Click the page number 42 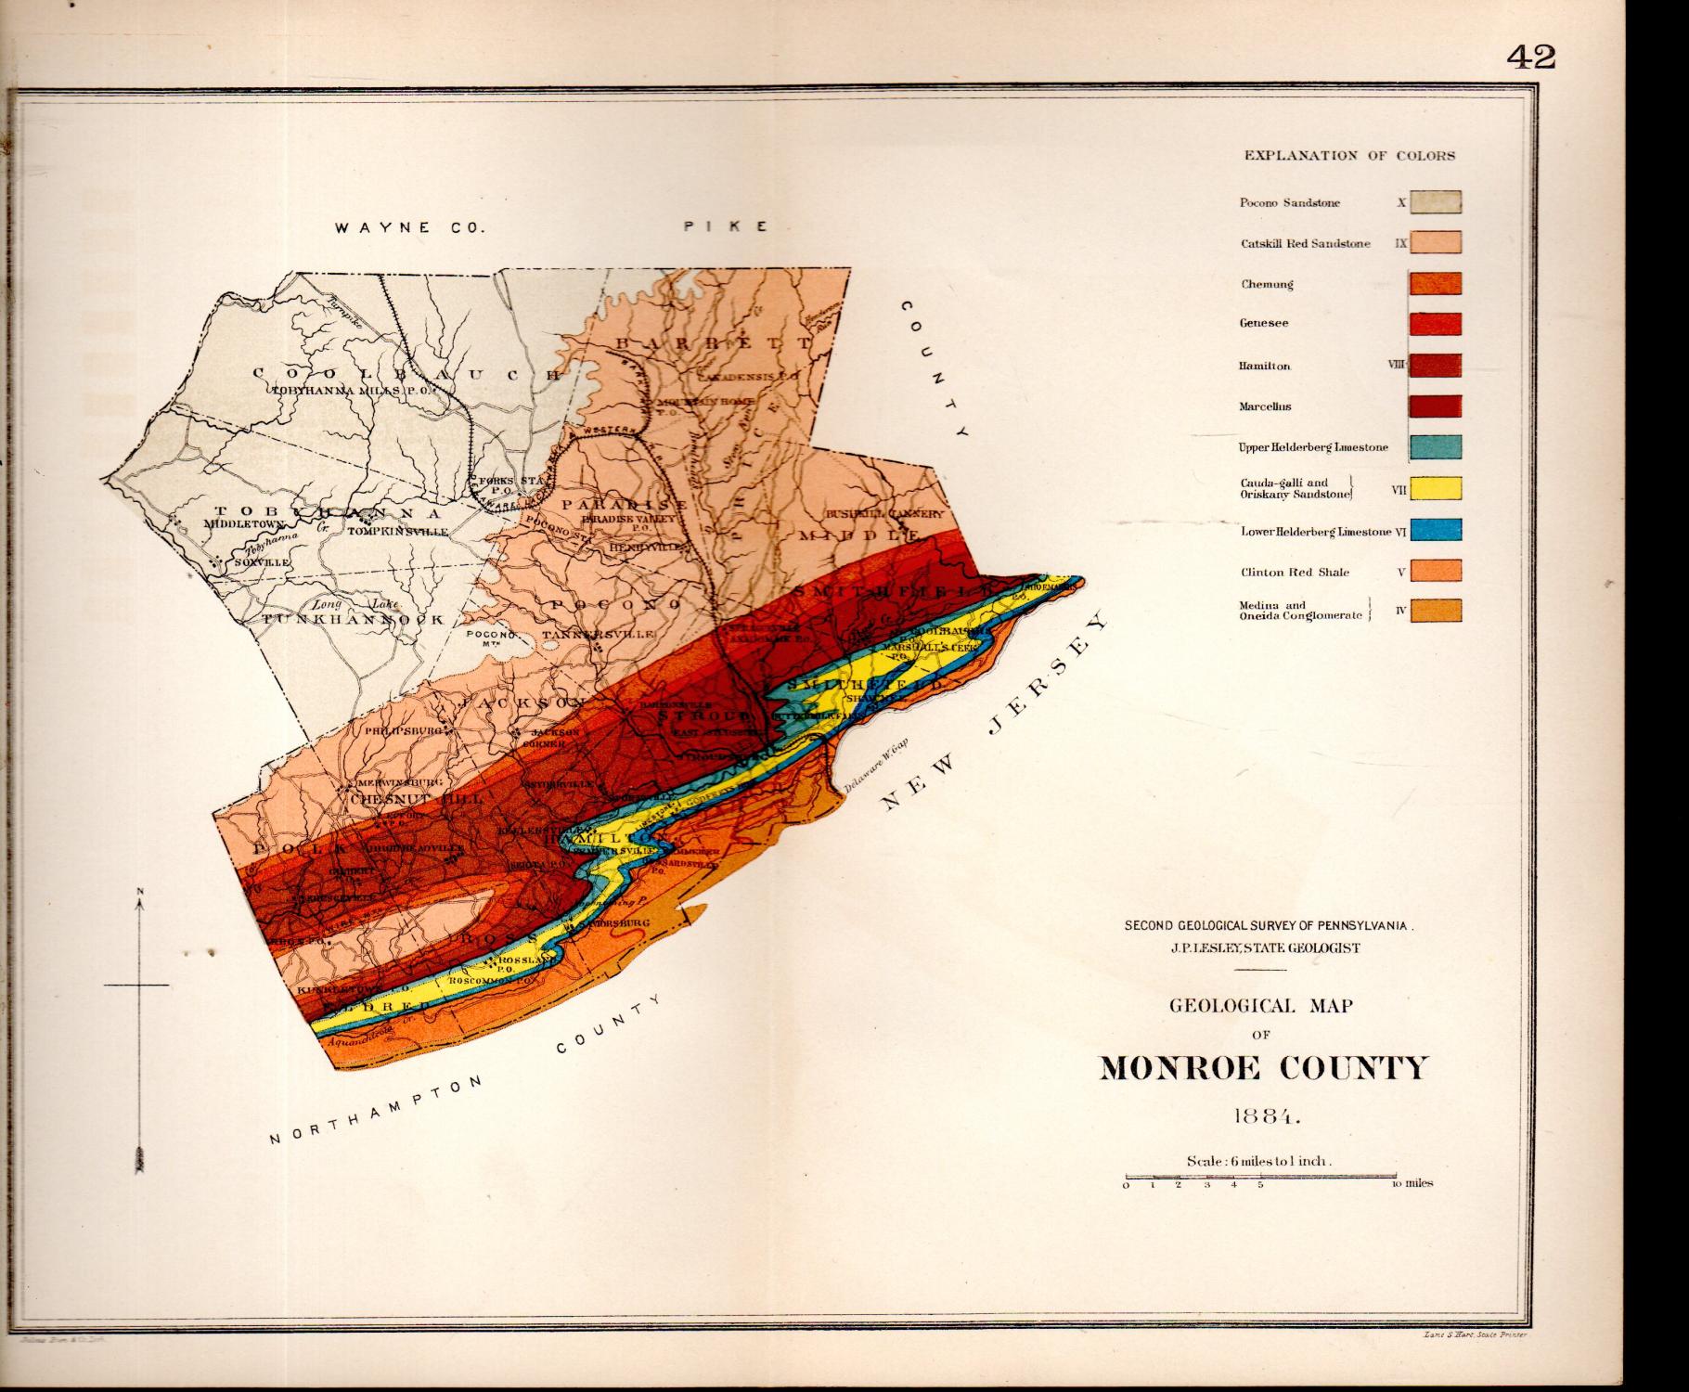1530,57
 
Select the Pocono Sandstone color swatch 1436,202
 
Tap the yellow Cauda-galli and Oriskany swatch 1436,488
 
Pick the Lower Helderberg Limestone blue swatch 1436,530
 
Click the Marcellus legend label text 1264,406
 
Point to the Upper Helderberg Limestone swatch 1436,446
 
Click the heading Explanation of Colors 1349,156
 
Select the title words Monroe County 1262,1068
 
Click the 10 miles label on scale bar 1412,1183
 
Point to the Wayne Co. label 409,227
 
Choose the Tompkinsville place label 397,533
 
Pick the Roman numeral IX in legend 1400,244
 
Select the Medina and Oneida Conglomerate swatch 1436,611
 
